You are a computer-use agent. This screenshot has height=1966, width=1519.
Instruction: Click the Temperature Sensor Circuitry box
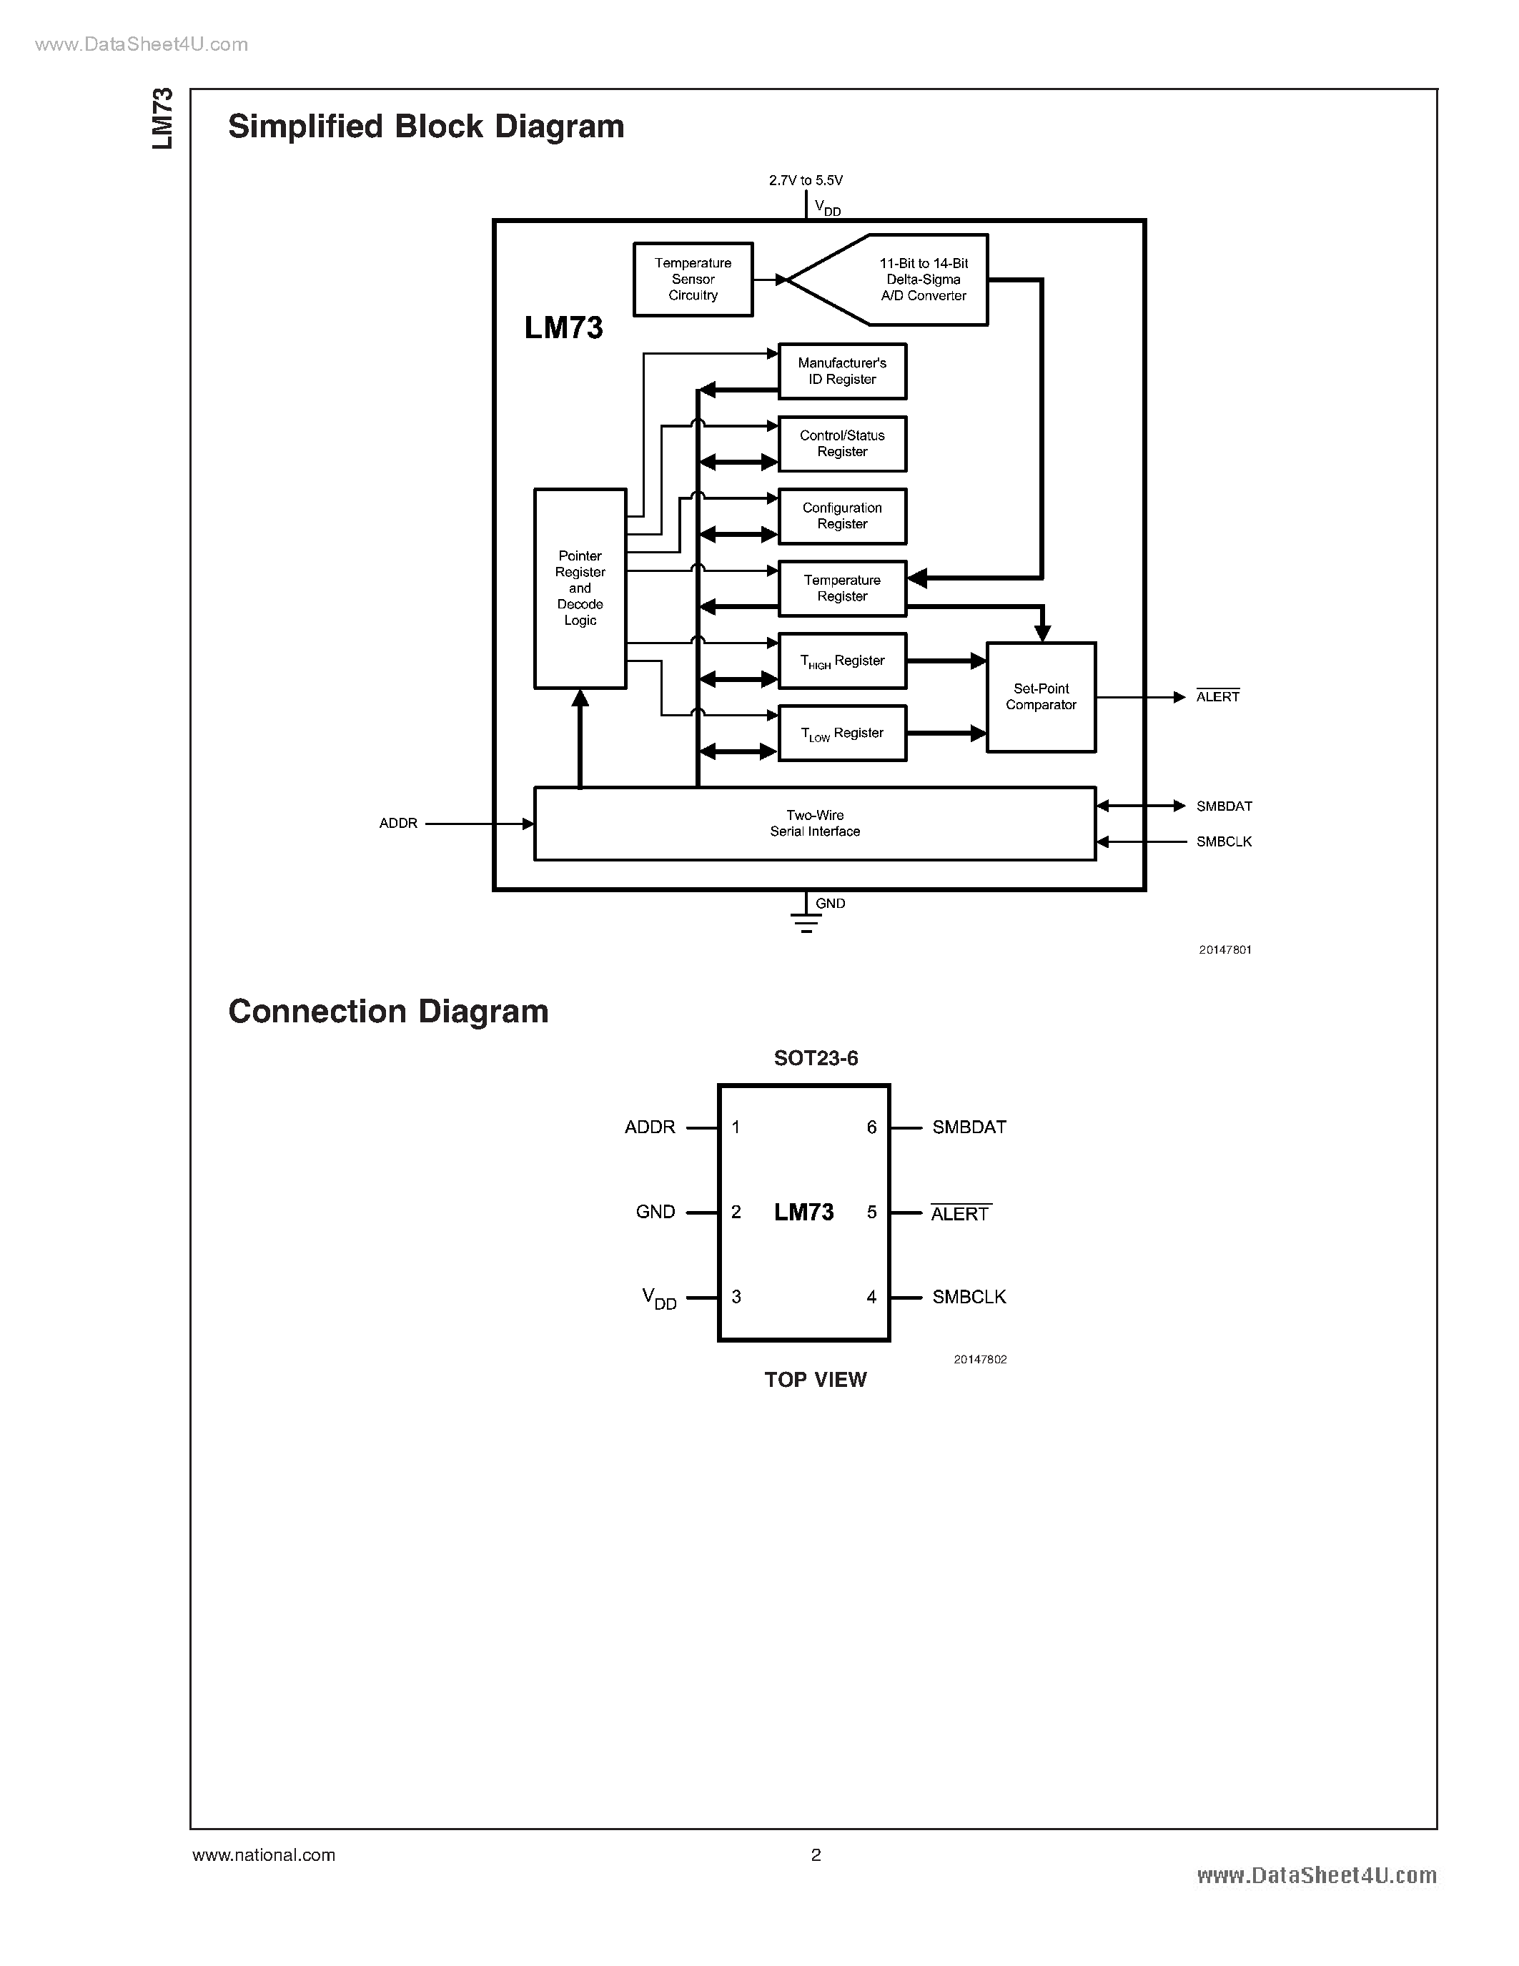(693, 279)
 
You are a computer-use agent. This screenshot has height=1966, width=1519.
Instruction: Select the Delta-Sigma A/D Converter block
(909, 279)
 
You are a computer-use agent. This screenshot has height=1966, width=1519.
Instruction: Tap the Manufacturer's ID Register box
(841, 371)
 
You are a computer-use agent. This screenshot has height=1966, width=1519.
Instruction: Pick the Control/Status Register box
(841, 444)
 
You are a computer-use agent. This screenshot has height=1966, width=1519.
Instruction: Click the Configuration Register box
(841, 515)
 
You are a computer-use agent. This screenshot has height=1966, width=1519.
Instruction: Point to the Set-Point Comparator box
(1040, 697)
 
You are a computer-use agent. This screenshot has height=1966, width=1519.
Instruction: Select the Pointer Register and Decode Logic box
(580, 588)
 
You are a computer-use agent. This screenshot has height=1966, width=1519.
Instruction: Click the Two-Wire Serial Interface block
(814, 824)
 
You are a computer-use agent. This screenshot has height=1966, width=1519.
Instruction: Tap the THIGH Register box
(841, 661)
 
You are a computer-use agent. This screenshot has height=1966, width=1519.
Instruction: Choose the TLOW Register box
(841, 733)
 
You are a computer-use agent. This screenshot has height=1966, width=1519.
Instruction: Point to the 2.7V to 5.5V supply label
(806, 180)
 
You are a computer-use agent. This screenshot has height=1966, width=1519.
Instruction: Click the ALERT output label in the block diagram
(1217, 697)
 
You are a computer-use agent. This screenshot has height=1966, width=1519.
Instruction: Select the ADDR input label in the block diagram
(397, 824)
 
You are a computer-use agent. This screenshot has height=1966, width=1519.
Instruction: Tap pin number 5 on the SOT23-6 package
(871, 1212)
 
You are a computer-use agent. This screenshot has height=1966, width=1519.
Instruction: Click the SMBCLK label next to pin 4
(969, 1297)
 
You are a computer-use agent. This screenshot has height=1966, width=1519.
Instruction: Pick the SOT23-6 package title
(816, 1058)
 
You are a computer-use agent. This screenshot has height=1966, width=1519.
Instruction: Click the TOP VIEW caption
(816, 1380)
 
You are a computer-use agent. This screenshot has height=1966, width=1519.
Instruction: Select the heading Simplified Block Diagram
(425, 126)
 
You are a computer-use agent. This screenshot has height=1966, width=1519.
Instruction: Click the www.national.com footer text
(264, 1855)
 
